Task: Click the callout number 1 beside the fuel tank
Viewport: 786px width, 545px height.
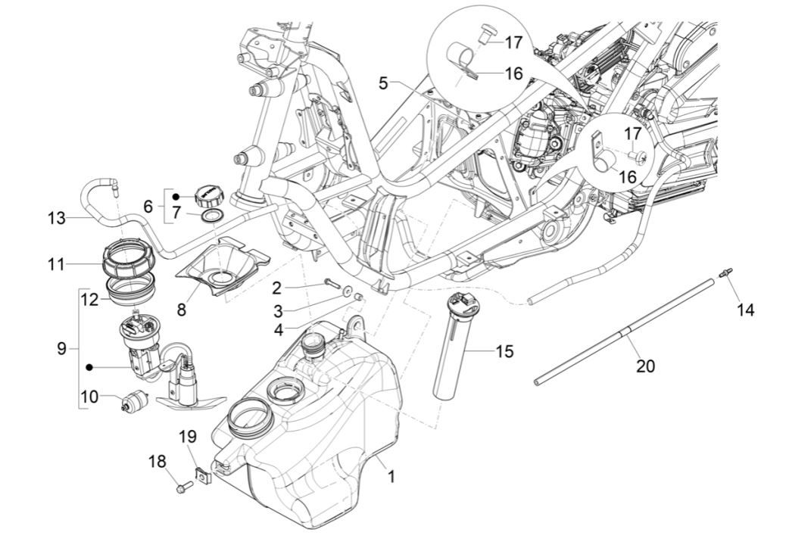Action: [x=391, y=478]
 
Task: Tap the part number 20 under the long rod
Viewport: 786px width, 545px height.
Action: [x=645, y=366]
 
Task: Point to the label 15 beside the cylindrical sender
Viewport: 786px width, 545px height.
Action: [x=504, y=351]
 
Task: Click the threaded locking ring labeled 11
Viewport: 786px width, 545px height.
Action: [x=129, y=257]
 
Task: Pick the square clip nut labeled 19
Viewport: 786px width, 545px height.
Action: [x=202, y=476]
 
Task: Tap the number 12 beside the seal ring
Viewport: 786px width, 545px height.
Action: [x=90, y=300]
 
